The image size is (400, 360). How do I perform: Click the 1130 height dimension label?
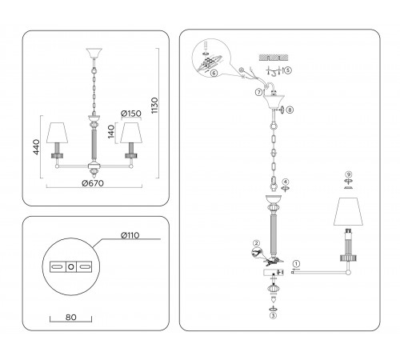(154, 106)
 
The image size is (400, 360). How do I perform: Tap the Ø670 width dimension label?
(93, 183)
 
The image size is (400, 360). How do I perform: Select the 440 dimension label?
(36, 146)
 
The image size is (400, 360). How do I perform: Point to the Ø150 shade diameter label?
(131, 114)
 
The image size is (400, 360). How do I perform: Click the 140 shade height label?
(111, 132)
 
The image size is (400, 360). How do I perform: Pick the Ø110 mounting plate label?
(130, 235)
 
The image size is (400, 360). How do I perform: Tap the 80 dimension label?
(70, 317)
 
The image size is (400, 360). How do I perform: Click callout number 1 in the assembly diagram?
(296, 264)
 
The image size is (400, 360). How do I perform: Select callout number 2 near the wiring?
(256, 243)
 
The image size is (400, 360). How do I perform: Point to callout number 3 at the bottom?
(273, 315)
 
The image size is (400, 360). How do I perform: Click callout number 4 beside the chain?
(286, 182)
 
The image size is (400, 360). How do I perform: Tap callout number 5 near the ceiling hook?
(288, 70)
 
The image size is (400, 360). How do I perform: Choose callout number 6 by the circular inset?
(214, 73)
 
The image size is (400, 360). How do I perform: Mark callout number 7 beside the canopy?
(259, 92)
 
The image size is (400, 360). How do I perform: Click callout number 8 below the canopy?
(290, 110)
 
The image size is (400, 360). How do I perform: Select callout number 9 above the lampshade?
(348, 174)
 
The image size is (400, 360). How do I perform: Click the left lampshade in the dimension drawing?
(57, 133)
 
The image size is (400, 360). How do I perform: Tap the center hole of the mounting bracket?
(71, 266)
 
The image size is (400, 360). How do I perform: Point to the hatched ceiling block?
(274, 58)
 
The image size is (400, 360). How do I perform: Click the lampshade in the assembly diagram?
(348, 211)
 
